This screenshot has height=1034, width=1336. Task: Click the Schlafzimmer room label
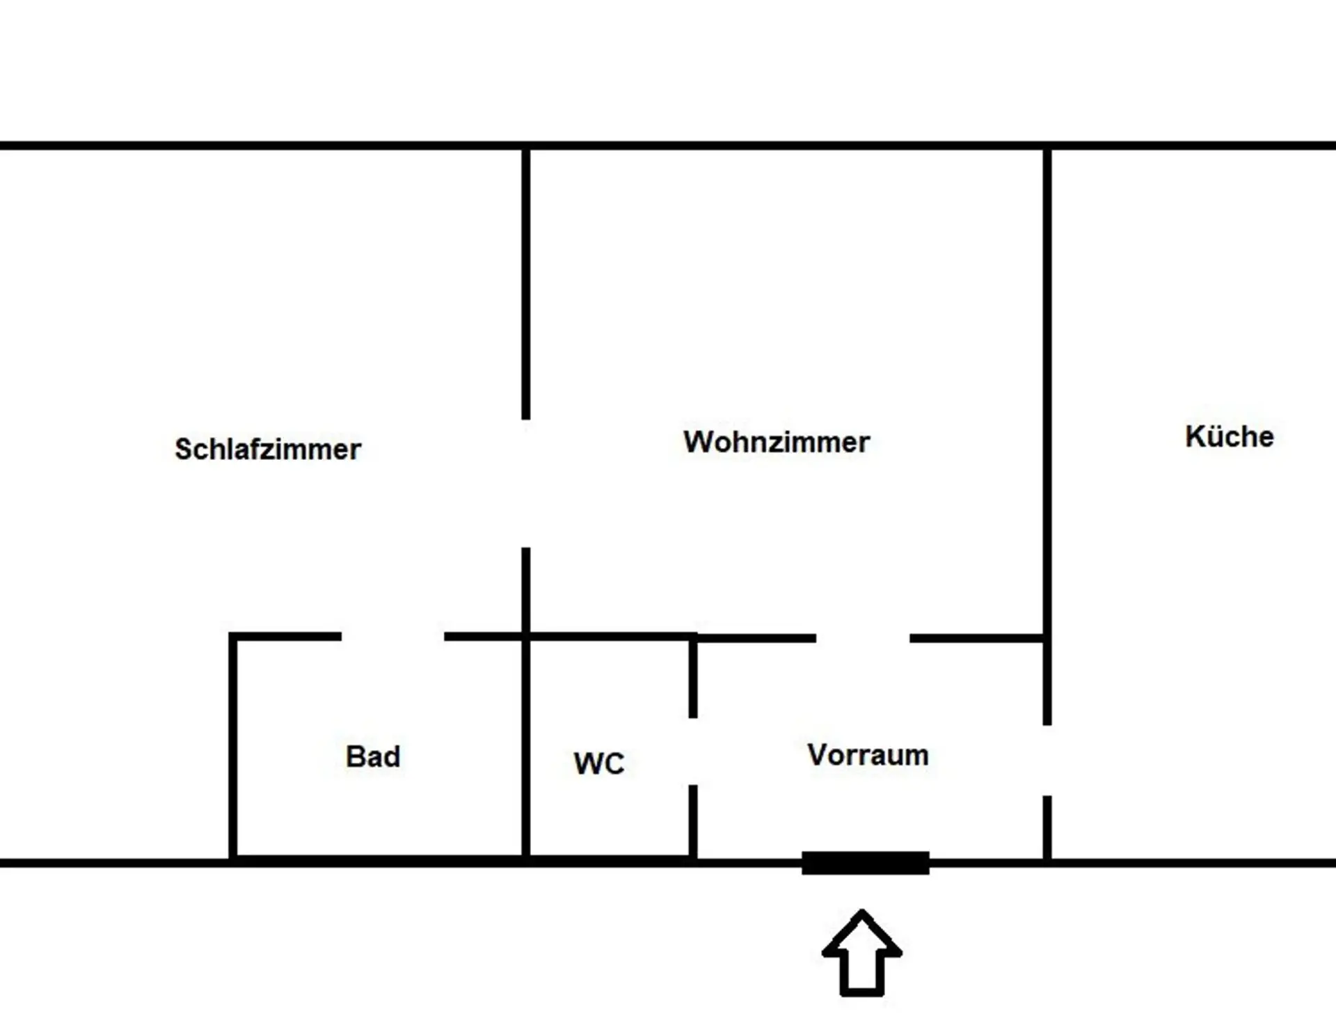(268, 450)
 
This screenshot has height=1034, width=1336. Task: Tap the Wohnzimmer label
(777, 442)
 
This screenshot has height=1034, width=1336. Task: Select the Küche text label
(1230, 437)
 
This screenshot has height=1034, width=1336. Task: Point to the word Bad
(373, 756)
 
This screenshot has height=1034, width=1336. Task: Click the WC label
(599, 763)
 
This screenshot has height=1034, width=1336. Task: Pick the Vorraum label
(868, 755)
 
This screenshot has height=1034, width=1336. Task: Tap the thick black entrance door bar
(866, 863)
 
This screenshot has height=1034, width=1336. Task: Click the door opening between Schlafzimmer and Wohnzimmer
(526, 484)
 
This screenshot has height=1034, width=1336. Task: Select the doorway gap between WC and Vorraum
(693, 751)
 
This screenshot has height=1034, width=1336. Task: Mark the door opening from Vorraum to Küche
(1047, 760)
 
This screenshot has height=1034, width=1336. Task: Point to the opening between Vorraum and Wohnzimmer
(863, 638)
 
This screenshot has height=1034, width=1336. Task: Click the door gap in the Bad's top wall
(392, 637)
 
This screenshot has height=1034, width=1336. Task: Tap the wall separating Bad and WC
(526, 748)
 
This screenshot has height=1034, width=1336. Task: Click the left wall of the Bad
(233, 748)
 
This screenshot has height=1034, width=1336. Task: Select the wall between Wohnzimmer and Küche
(1047, 390)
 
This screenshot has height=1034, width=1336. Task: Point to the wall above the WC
(610, 637)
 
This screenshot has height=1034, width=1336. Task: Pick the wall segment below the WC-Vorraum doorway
(693, 821)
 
